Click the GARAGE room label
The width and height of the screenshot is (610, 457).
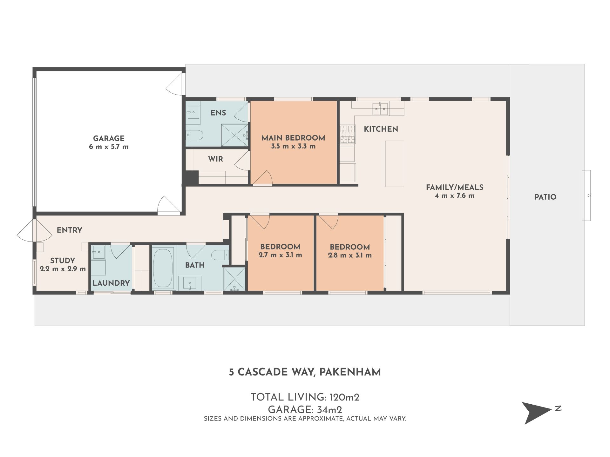coord(109,138)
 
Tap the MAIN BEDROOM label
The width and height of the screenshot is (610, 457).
coord(293,138)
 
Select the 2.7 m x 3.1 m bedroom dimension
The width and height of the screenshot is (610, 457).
coord(280,255)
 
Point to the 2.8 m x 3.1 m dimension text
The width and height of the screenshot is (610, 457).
coord(350,255)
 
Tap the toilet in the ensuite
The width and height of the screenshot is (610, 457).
coord(194,136)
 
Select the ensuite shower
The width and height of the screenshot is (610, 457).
coord(234,135)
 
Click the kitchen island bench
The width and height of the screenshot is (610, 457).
coord(395,164)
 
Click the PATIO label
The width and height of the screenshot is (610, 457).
coord(546,197)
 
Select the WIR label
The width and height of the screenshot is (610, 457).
coord(216,159)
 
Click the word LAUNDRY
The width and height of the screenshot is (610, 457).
coord(111,283)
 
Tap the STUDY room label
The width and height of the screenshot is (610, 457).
coord(63,261)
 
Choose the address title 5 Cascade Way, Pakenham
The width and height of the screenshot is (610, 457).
coord(305,372)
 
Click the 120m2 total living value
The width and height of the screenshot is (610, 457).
coord(344,397)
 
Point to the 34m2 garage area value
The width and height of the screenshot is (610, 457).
coord(329,410)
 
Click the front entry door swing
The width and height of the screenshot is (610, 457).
coord(34,230)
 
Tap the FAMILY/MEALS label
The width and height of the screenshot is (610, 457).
coord(455,187)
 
